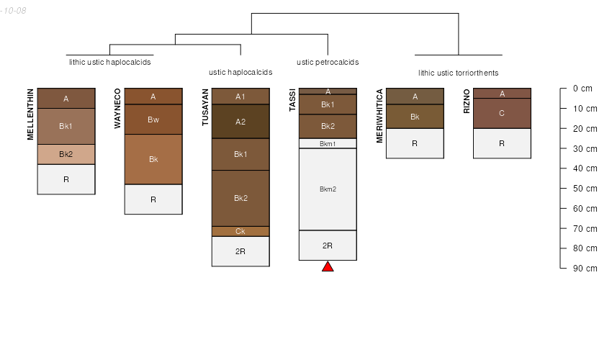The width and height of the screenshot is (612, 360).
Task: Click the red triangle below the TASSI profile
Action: click(328, 266)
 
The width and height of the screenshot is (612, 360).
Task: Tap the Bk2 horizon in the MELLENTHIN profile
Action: click(66, 154)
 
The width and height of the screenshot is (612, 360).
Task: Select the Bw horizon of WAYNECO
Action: click(153, 120)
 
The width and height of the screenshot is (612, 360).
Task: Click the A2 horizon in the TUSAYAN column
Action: click(240, 122)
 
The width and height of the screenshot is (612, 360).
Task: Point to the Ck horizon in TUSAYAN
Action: click(240, 232)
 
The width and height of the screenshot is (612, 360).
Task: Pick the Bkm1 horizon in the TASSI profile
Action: click(328, 143)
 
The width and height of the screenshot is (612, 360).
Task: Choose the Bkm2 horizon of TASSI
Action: click(328, 189)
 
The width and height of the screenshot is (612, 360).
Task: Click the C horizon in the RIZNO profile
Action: click(502, 113)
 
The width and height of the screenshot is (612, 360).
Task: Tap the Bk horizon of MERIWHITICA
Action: click(415, 117)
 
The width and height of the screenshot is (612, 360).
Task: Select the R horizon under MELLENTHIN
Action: click(66, 179)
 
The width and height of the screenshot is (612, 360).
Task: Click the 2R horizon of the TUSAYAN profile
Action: click(240, 251)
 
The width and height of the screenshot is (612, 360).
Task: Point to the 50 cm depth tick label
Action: click(585, 188)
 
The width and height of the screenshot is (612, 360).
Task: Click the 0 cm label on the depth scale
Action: click(582, 89)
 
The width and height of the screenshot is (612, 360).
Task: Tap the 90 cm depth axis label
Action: click(585, 269)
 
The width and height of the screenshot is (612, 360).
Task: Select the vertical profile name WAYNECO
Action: click(117, 108)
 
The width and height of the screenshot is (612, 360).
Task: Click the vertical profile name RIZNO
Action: click(467, 101)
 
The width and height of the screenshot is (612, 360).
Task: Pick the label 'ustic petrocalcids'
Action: click(328, 62)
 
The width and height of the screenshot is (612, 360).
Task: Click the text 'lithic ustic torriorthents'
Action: click(458, 73)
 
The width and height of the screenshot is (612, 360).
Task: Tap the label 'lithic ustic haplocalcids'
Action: click(109, 62)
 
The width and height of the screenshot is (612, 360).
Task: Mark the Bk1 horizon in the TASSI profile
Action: click(328, 104)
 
